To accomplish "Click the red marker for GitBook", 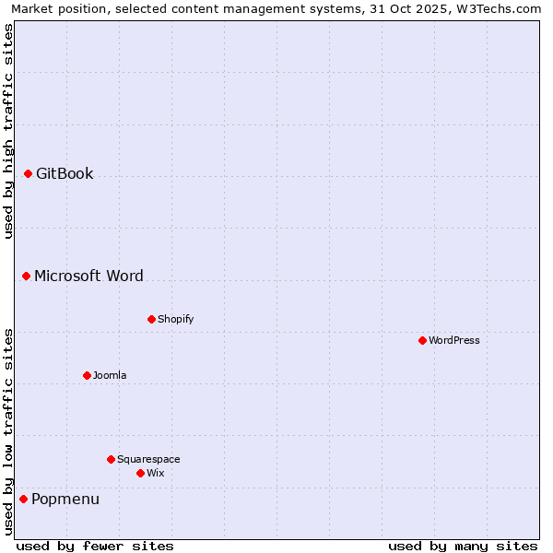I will (x=29, y=173).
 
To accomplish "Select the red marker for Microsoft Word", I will (x=27, y=276).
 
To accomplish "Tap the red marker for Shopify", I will (x=152, y=319).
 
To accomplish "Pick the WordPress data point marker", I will (x=423, y=340).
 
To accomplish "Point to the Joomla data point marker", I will (x=88, y=375).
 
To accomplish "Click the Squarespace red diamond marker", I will (x=112, y=459).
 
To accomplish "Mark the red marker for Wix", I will (x=141, y=473).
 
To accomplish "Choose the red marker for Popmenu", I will (x=24, y=499).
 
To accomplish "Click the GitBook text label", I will (x=65, y=173).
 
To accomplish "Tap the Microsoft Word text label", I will (x=88, y=276).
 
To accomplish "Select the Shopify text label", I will (x=175, y=319).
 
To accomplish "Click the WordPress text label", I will (x=453, y=340).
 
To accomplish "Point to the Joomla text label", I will (x=110, y=375).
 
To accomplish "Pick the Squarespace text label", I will (x=148, y=459).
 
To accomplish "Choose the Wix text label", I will (x=155, y=473).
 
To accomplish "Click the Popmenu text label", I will (x=65, y=499).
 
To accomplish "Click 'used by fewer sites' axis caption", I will (x=95, y=546).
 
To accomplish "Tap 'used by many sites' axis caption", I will (x=463, y=546).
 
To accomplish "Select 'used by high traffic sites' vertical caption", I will (x=8, y=131).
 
